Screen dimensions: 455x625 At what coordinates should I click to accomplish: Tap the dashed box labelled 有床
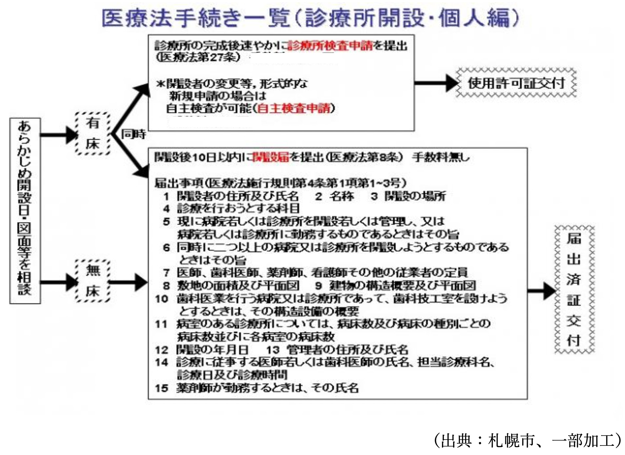coord(93,133)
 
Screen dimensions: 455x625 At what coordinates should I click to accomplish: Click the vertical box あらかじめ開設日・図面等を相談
coord(25,211)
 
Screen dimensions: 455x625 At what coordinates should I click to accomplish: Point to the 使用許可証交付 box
coord(516,83)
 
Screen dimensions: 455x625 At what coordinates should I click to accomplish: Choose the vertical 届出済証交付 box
coord(574,289)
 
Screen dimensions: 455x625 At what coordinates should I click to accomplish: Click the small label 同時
coord(133,134)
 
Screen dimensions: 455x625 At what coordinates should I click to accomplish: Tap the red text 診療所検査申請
coord(330,46)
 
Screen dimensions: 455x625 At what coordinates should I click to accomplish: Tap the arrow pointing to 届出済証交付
coord(541,291)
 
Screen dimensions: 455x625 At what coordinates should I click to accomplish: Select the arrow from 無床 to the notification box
coord(128,282)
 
